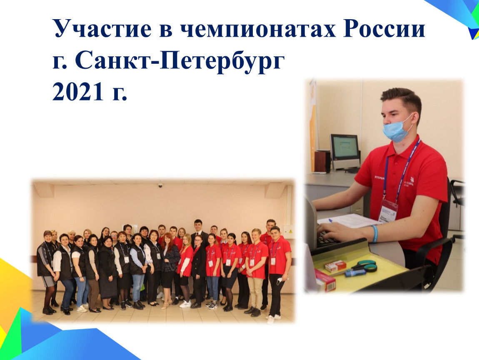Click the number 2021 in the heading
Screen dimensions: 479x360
tap(78, 91)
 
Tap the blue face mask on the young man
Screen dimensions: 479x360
tap(396, 130)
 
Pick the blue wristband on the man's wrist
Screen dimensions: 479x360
tap(375, 233)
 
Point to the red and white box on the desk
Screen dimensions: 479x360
tap(335, 265)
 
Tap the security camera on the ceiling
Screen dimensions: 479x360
tap(160, 185)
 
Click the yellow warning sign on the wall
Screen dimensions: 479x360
tap(291, 232)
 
